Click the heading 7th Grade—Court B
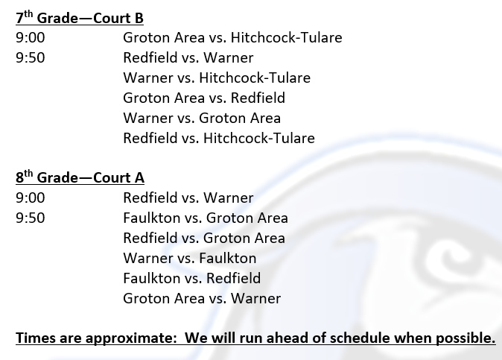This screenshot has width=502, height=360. point(80,18)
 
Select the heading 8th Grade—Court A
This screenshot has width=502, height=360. point(80,177)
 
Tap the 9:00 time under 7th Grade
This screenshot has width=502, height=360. point(31,38)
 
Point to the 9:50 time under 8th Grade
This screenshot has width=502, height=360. point(31,218)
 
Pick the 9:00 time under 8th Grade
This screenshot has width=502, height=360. point(31,198)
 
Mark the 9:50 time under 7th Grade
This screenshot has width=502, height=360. point(31,58)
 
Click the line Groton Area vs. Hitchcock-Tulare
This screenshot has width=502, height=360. point(232,37)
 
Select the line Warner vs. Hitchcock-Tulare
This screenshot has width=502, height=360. point(217,78)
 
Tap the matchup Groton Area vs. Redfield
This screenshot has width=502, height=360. point(204,98)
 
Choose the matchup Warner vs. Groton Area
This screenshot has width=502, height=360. point(202,119)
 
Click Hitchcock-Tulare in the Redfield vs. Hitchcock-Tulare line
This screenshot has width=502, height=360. point(259,139)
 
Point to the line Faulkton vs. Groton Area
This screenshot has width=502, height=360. point(206,218)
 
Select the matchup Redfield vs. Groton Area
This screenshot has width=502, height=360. point(204,239)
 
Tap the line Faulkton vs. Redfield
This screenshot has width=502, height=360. point(191,278)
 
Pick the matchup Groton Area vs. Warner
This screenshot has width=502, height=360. point(202,298)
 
